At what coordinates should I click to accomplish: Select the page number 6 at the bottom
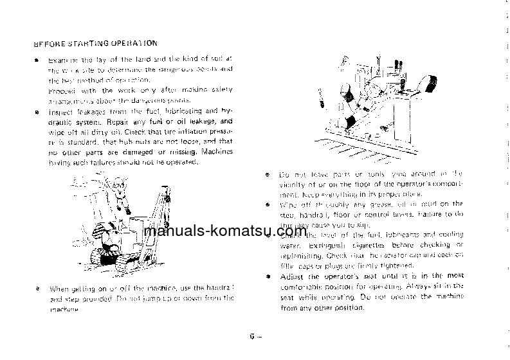tap(252, 335)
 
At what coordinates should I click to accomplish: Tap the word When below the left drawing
tap(60, 289)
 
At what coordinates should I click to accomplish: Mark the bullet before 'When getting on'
tap(38, 289)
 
